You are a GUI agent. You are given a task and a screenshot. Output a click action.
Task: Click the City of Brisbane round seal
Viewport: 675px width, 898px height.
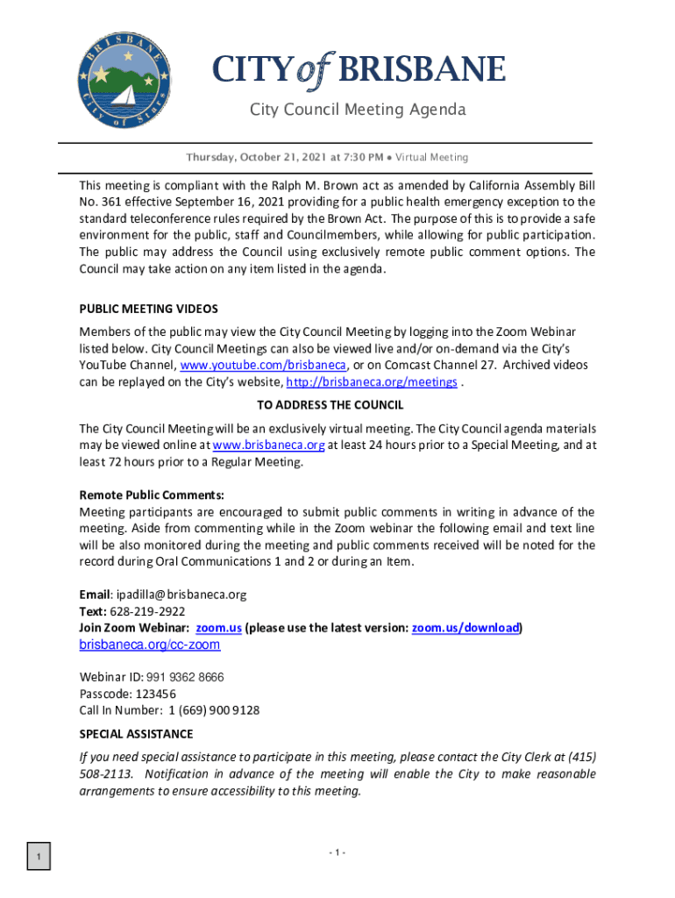122,79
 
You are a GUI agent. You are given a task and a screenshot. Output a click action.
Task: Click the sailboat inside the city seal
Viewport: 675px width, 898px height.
124,94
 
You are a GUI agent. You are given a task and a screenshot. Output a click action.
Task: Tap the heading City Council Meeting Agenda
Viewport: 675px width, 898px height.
358,110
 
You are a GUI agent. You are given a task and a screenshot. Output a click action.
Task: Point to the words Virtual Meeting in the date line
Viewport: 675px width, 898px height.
431,158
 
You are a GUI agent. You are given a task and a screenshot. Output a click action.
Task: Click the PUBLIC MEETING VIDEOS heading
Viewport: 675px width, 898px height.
148,309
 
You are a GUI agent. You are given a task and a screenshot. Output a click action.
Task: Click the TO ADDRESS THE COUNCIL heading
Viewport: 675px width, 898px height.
330,405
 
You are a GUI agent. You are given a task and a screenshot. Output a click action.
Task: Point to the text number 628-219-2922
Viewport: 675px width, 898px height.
147,611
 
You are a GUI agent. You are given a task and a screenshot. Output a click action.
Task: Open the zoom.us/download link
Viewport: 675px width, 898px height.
465,628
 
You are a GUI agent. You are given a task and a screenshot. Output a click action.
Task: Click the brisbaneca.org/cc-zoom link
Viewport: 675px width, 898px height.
150,645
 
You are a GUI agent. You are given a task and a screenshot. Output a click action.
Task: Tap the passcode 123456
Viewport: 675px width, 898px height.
159,694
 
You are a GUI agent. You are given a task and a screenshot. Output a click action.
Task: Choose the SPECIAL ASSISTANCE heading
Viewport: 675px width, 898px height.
136,734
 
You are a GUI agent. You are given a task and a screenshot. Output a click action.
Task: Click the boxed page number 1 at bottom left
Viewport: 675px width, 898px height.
39,855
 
